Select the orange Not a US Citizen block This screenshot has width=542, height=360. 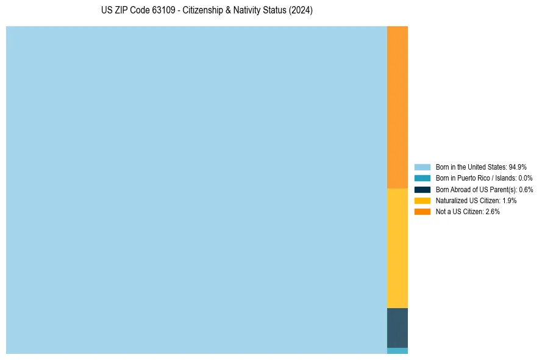(x=397, y=107)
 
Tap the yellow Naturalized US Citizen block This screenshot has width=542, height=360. (x=397, y=248)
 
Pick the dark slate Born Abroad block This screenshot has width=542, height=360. (x=397, y=328)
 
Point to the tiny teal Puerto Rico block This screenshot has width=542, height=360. (x=397, y=351)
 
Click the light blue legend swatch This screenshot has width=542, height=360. (x=423, y=167)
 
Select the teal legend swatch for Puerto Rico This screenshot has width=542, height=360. (x=423, y=178)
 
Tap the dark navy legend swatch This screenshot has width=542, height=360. (x=423, y=189)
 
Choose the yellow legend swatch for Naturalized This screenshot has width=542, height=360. (x=423, y=200)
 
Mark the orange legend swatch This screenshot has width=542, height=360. (x=423, y=211)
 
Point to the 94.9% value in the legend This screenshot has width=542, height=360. (x=518, y=167)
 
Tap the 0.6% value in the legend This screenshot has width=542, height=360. (x=526, y=189)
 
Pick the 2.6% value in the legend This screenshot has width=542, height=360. (x=493, y=211)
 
